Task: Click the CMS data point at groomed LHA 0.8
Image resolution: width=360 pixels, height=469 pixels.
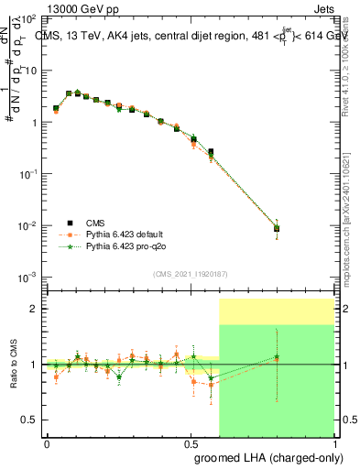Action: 277,229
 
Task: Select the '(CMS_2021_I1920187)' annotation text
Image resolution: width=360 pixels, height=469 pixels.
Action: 189,273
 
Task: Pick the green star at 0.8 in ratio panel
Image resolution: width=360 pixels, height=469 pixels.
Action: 277,357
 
